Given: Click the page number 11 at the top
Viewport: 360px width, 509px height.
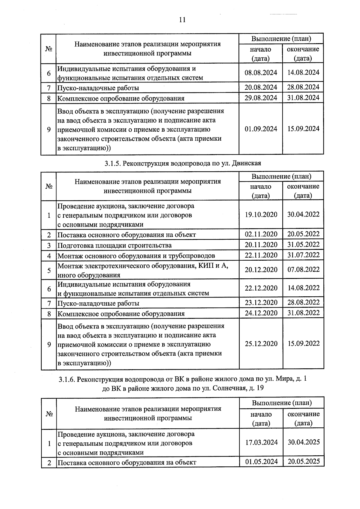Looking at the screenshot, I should point(182,20).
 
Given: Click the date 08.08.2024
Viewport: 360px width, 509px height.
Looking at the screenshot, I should point(261,73).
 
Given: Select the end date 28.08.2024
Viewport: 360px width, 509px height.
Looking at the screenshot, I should point(303,87).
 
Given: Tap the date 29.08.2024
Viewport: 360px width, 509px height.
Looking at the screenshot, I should point(261,98).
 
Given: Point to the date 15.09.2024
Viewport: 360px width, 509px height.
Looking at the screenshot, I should point(303,129).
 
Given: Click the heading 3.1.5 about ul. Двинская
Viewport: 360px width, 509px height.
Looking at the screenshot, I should point(183,163).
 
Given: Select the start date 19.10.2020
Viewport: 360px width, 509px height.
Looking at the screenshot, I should point(261,215).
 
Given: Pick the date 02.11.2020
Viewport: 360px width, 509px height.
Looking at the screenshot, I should point(261,234).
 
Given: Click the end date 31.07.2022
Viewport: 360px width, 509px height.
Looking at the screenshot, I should point(304,255).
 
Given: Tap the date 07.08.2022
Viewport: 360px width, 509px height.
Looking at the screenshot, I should point(304,269).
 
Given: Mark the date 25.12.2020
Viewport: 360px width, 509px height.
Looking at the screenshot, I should point(261,344).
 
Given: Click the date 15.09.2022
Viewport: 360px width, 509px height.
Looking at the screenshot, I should point(304,343).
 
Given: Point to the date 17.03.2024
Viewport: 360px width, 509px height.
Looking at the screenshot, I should point(261,442).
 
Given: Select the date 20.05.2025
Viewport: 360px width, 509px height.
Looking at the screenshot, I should point(304,461).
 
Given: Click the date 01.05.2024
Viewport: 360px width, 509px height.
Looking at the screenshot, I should point(261,462).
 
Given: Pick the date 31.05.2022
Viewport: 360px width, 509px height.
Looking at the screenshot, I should point(304,244).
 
